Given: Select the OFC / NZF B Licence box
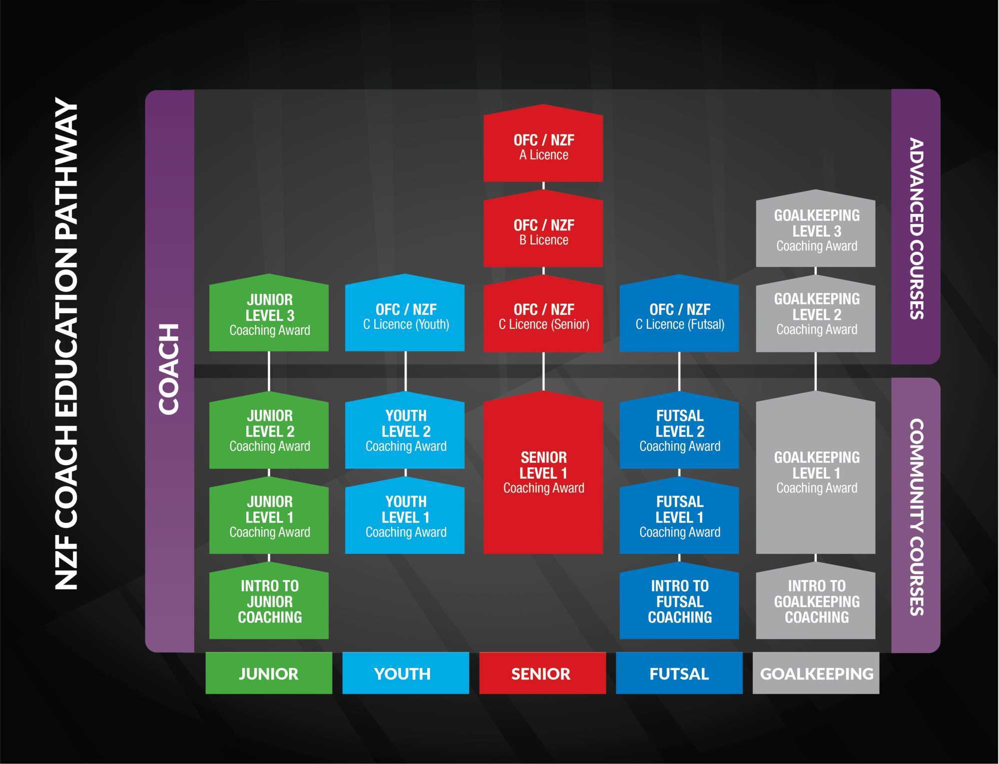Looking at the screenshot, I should coord(543,232).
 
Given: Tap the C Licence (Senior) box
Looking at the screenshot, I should coord(543,316).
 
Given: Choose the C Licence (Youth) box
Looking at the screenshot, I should coord(405,316).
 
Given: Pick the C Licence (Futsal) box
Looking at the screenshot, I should coord(679,316).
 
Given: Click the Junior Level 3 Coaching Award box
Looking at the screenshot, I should coord(269,315).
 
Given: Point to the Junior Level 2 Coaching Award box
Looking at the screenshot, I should coord(269,431).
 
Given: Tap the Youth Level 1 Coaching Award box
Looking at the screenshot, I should coord(405,517).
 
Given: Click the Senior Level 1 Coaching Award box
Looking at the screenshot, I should coord(543,473).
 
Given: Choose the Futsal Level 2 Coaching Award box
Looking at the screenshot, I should coord(679,431).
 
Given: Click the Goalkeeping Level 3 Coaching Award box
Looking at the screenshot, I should coord(816,230).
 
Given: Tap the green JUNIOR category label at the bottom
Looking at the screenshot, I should coord(269,673).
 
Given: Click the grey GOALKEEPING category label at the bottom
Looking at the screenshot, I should coord(816,673).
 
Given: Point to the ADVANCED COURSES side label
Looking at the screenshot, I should coord(916,228).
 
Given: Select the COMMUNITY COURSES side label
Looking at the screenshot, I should coord(916,516).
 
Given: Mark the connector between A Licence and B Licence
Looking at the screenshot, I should coord(543,186).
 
